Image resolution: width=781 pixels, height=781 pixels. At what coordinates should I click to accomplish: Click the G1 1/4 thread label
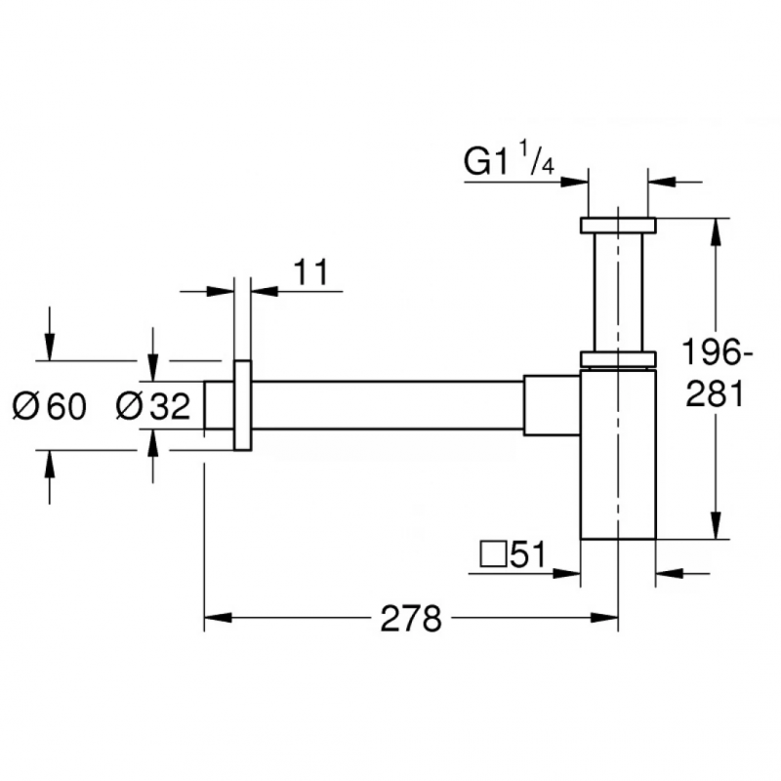coord(509,160)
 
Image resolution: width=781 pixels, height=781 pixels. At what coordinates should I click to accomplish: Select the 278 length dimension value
coord(411,618)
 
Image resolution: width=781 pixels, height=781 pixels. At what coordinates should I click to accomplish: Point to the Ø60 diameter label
coord(50,405)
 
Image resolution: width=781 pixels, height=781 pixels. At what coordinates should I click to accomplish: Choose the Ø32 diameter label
coord(153,405)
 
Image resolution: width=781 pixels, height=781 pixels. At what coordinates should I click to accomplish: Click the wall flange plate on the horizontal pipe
coord(243,405)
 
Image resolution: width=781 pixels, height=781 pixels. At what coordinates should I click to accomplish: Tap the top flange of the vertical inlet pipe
coord(618,225)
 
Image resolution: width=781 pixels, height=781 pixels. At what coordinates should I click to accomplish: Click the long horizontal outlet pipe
coord(386,405)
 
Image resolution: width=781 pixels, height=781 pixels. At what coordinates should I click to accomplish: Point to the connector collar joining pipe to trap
coord(552,405)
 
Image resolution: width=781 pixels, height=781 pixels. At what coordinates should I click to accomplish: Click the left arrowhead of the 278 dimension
coord(213,618)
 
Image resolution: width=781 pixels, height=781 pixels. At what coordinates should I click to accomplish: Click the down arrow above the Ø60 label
coord(50,349)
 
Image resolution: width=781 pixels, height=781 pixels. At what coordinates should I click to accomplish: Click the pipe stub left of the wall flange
coord(219,405)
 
